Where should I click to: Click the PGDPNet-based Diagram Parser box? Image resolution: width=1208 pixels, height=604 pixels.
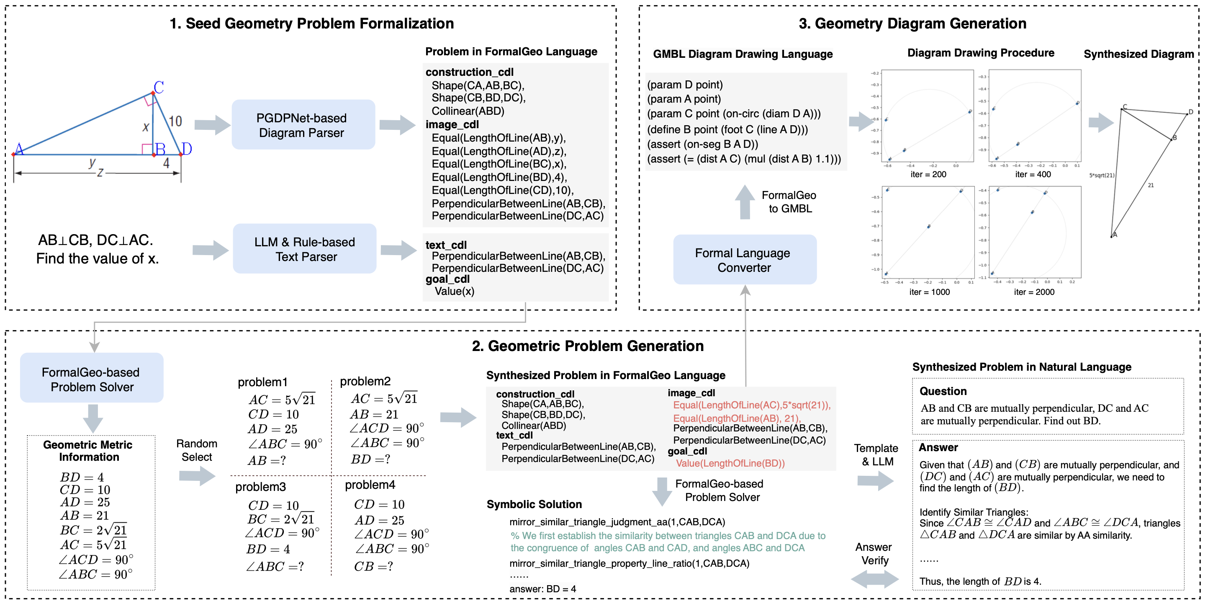click(x=303, y=125)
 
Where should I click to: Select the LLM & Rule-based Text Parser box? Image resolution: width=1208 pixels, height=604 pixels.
click(x=305, y=249)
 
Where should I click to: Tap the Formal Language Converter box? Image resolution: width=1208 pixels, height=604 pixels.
click(x=744, y=260)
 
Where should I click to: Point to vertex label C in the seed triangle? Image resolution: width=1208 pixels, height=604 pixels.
click(x=159, y=87)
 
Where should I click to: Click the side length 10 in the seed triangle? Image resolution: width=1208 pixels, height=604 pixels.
click(x=175, y=121)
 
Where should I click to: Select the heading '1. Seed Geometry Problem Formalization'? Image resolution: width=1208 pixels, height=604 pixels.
click(x=311, y=23)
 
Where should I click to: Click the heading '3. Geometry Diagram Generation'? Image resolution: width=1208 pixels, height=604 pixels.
click(x=912, y=23)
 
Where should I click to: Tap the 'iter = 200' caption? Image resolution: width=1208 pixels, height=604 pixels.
click(x=928, y=174)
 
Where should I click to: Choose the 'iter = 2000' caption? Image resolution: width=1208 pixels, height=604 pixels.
click(x=1034, y=292)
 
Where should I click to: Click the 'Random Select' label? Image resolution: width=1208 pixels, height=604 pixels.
click(x=196, y=450)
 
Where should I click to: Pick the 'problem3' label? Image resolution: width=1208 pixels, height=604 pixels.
click(x=260, y=487)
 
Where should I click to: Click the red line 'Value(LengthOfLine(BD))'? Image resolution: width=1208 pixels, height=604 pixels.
click(x=730, y=463)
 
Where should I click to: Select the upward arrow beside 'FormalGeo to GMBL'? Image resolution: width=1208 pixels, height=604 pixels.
click(x=744, y=202)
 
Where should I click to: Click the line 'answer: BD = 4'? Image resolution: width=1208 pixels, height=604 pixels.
click(x=542, y=589)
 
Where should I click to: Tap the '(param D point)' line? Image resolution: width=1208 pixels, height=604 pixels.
click(x=685, y=85)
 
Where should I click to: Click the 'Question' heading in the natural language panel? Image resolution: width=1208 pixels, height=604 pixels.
click(x=943, y=391)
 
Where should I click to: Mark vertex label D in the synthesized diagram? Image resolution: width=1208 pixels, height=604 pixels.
click(x=1190, y=112)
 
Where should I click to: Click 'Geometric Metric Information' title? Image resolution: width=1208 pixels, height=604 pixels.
click(x=88, y=451)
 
